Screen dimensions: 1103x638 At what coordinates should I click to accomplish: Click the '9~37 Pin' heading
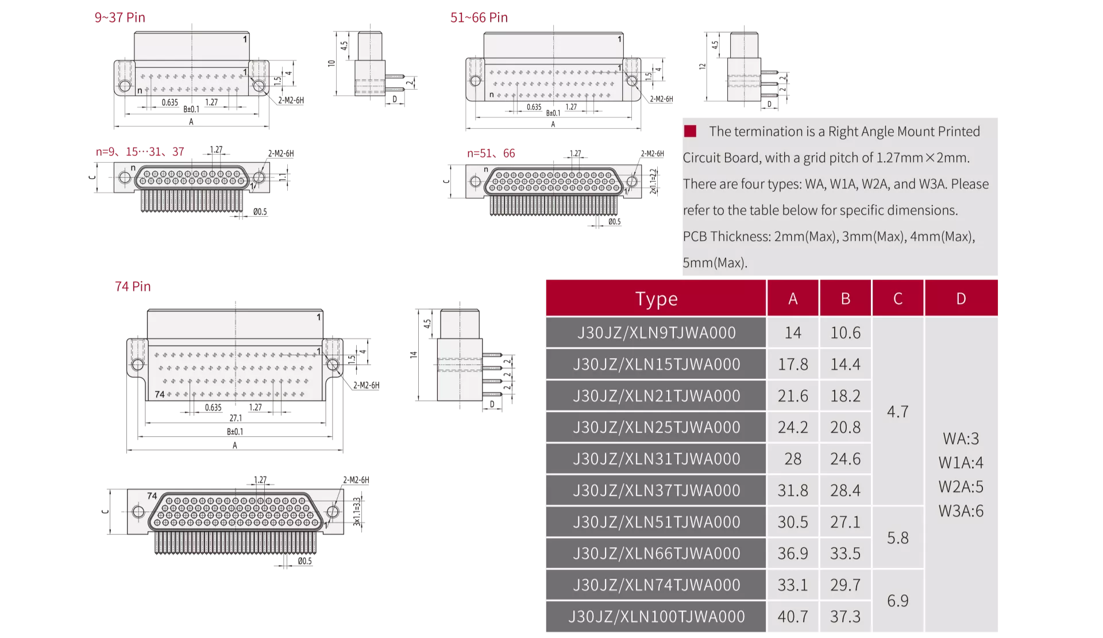(119, 17)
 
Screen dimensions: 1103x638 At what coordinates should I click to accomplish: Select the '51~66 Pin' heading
(479, 17)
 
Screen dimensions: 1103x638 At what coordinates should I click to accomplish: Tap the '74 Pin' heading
(133, 286)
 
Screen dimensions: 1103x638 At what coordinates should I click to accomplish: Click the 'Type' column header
(656, 298)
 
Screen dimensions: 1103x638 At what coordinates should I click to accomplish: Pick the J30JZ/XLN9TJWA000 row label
(656, 332)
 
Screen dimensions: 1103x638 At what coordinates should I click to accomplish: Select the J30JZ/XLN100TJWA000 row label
(656, 616)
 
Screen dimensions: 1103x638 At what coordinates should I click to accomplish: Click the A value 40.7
(793, 616)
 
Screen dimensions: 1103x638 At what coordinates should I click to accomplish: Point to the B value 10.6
(845, 332)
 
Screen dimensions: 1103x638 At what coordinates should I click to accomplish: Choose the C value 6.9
(897, 601)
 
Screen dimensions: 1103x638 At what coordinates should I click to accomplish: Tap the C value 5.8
(897, 537)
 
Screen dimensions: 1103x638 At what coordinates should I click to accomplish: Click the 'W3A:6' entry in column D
(961, 510)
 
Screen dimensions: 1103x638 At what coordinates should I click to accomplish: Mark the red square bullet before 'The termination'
(690, 131)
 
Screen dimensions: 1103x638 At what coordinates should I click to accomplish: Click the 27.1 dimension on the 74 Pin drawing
(236, 418)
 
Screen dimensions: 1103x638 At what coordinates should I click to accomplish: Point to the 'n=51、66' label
(491, 153)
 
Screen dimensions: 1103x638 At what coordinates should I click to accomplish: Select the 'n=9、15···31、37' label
(140, 151)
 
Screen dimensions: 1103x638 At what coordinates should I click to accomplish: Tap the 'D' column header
(961, 298)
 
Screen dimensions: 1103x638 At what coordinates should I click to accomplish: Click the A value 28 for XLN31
(793, 459)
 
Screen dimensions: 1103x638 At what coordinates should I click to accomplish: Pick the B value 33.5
(845, 553)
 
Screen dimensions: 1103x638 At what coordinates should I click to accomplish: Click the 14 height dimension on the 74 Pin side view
(413, 355)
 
